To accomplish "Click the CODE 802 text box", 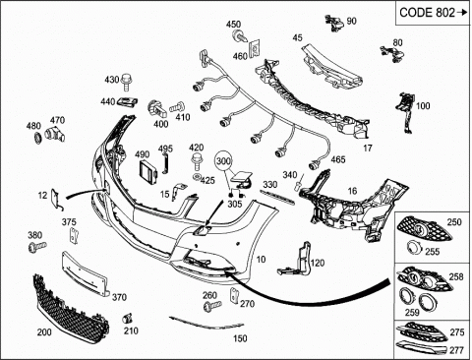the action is pyautogui.click(x=433, y=13).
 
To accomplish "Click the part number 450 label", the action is pyautogui.click(x=233, y=25).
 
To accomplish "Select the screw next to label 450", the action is pyautogui.click(x=238, y=35).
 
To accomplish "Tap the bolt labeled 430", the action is pyautogui.click(x=125, y=82).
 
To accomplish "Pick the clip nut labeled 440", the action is pyautogui.click(x=128, y=102).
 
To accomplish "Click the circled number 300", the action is pyautogui.click(x=223, y=161).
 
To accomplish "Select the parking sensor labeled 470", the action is pyautogui.click(x=54, y=134).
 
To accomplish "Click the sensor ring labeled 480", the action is pyautogui.click(x=37, y=138).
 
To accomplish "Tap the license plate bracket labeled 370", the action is pyautogui.click(x=85, y=273).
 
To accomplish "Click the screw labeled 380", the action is pyautogui.click(x=37, y=246).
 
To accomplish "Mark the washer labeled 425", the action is pyautogui.click(x=197, y=177).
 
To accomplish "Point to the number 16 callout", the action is pyautogui.click(x=352, y=191).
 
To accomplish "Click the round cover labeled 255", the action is pyautogui.click(x=414, y=248).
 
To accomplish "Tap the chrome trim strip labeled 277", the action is pyautogui.click(x=421, y=346).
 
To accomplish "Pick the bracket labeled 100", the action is pyautogui.click(x=406, y=112).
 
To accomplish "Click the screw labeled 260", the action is pyautogui.click(x=211, y=306).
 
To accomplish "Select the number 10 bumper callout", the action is pyautogui.click(x=261, y=260).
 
